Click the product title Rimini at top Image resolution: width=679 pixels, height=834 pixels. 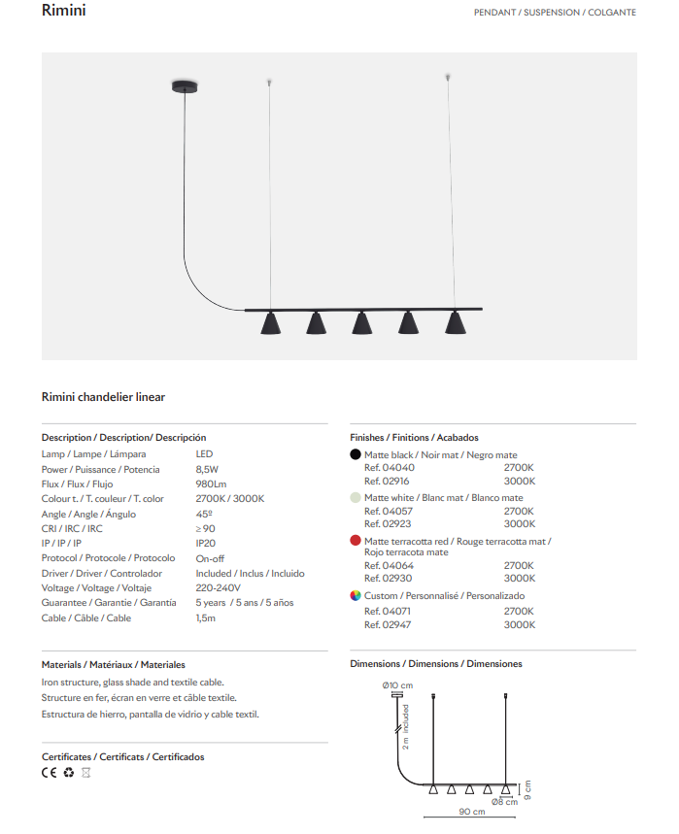(x=64, y=12)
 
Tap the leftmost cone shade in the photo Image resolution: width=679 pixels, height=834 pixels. (x=269, y=323)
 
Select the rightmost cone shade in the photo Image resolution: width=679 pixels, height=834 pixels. (x=455, y=323)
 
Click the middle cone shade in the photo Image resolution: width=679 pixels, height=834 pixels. (x=361, y=323)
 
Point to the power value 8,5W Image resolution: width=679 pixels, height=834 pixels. (x=207, y=469)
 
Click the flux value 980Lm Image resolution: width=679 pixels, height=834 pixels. (x=211, y=484)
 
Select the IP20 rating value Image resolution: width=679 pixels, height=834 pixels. (x=205, y=543)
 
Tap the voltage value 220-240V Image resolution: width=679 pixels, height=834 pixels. (x=218, y=587)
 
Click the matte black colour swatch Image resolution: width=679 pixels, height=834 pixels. (x=356, y=454)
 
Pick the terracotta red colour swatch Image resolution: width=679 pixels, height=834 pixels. (x=356, y=541)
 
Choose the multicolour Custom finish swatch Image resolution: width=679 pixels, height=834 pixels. (x=356, y=595)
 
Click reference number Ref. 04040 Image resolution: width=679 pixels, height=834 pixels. (x=389, y=468)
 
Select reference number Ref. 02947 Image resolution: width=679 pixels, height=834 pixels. (x=389, y=624)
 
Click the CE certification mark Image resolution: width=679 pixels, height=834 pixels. (x=50, y=773)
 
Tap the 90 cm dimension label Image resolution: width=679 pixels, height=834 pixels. (x=471, y=812)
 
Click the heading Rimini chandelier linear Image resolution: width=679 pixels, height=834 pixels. (x=103, y=397)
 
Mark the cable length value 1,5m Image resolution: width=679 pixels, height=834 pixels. (x=205, y=617)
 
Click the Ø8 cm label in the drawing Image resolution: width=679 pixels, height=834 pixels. (x=504, y=802)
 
